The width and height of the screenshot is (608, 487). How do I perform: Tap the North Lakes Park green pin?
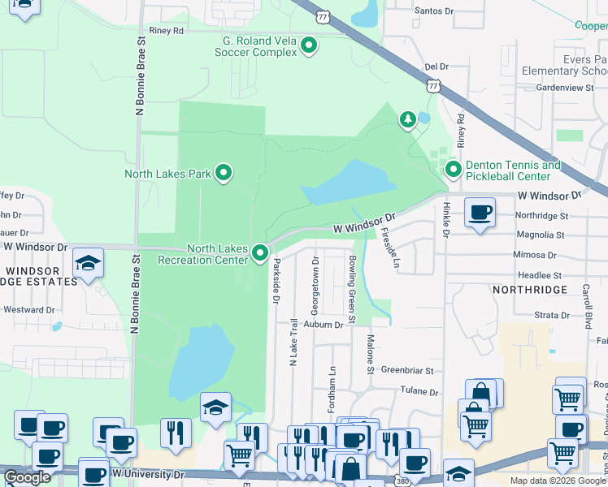pyautogui.click(x=224, y=173)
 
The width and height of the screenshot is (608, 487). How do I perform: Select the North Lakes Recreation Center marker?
pyautogui.click(x=260, y=254)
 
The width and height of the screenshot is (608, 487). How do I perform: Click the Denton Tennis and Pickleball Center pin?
pyautogui.click(x=452, y=170)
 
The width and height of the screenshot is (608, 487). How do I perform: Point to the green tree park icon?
pyautogui.click(x=407, y=120)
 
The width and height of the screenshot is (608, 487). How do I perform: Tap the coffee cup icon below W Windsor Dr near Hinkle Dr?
pyautogui.click(x=480, y=214)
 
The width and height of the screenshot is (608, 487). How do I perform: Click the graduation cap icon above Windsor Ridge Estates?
pyautogui.click(x=88, y=264)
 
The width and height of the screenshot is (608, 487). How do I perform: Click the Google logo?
pyautogui.click(x=27, y=477)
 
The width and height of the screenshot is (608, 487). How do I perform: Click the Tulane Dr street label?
pyautogui.click(x=419, y=391)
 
